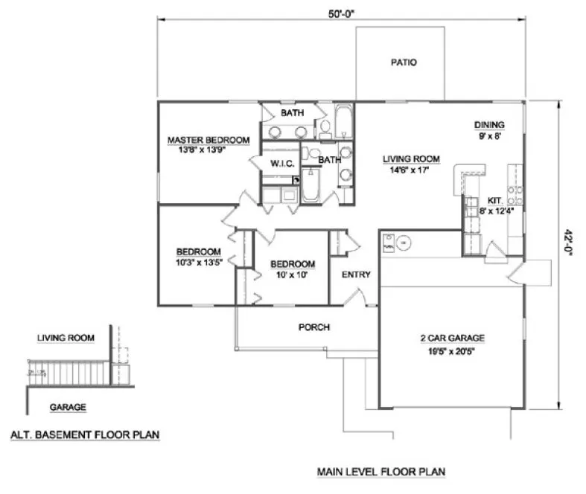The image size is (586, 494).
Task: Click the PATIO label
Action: coord(403,62)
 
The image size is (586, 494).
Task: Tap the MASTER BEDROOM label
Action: coord(208,139)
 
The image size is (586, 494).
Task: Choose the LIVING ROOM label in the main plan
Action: coord(411,158)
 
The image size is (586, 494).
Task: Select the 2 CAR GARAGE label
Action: coord(452,338)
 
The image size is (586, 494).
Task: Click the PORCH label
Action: coord(314,327)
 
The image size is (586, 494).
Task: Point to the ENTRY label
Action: coord(356,275)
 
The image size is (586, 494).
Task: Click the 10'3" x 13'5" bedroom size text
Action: coord(199,261)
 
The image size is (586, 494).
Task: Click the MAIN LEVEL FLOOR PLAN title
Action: coord(380,472)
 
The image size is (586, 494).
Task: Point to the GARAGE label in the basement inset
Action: coord(67,407)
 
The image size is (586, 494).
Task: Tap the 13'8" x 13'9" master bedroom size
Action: coord(203,149)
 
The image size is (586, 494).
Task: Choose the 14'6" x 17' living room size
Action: coord(411,169)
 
